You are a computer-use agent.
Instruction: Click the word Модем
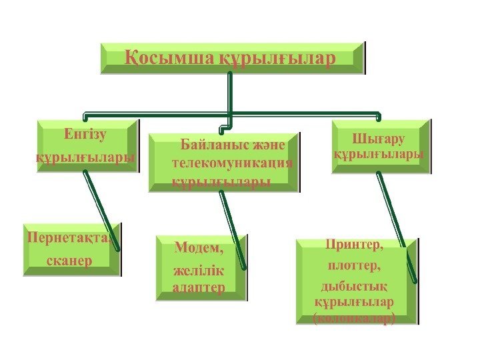coord(199,249)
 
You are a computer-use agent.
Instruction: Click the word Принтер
coord(355,245)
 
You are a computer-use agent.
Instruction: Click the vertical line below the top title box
coord(230,93)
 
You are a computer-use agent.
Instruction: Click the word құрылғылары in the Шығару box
coord(378,153)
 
